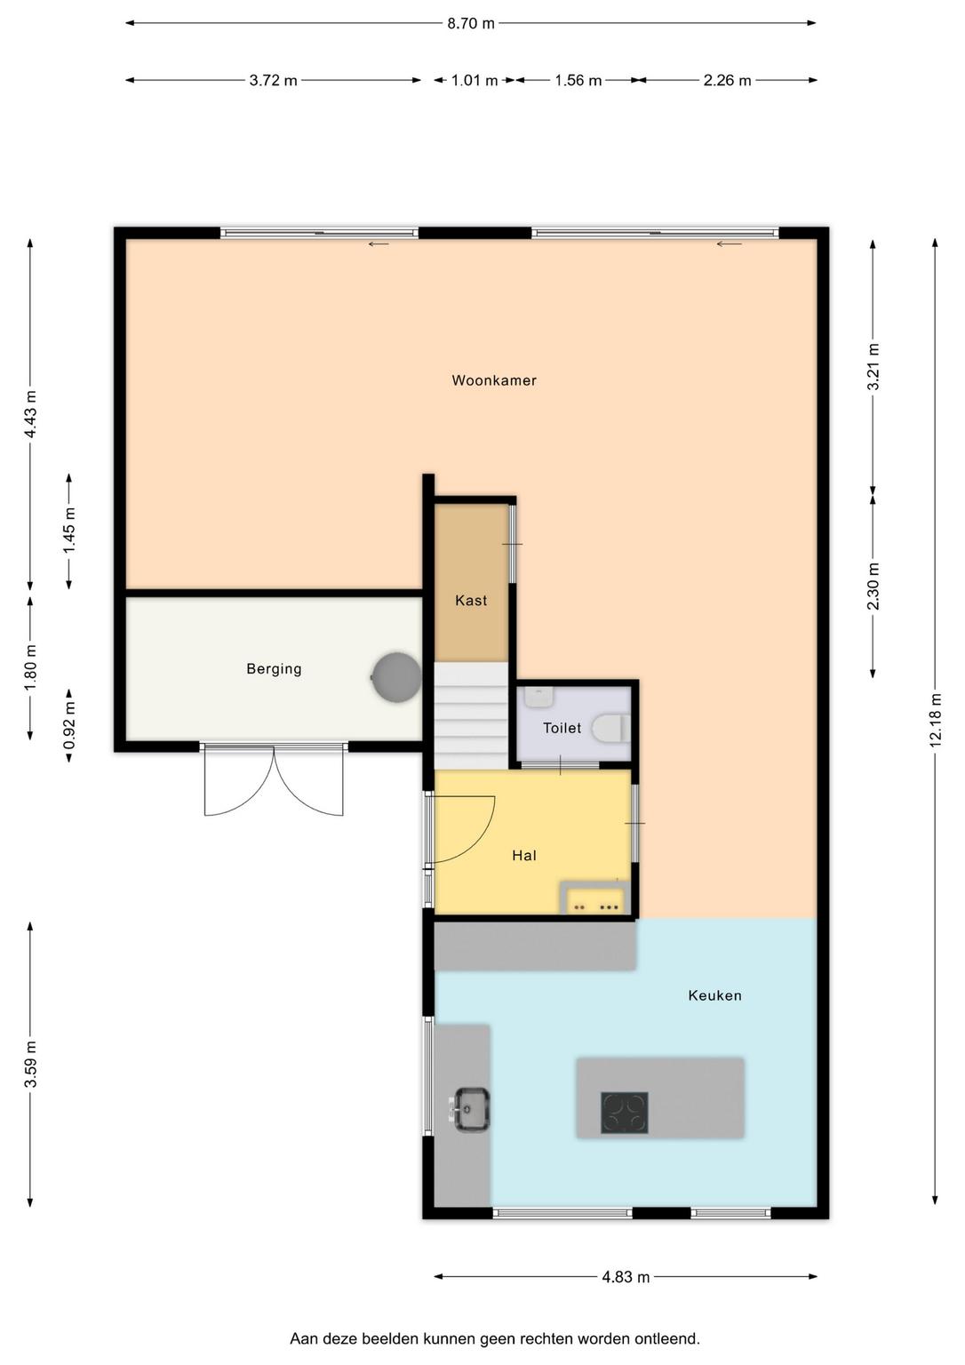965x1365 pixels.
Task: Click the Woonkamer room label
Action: [x=494, y=381]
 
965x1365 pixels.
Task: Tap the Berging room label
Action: [x=275, y=669]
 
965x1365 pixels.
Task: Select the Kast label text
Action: [x=471, y=601]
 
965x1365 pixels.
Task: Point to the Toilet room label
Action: [x=562, y=728]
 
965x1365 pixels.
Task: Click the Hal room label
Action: [x=524, y=856]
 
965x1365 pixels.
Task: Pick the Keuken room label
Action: [x=714, y=995]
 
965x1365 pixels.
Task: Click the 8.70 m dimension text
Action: [x=471, y=24]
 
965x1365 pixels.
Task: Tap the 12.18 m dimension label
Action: [x=936, y=720]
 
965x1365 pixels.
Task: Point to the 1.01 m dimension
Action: [x=475, y=81]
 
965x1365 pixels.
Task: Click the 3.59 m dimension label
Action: [x=30, y=1064]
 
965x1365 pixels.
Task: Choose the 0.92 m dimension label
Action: [x=68, y=725]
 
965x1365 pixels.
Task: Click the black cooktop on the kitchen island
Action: [x=625, y=1113]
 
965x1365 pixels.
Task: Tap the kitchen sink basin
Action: [x=471, y=1110]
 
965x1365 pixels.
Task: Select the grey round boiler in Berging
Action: [x=396, y=678]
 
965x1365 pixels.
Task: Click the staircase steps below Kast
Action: [x=471, y=716]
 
